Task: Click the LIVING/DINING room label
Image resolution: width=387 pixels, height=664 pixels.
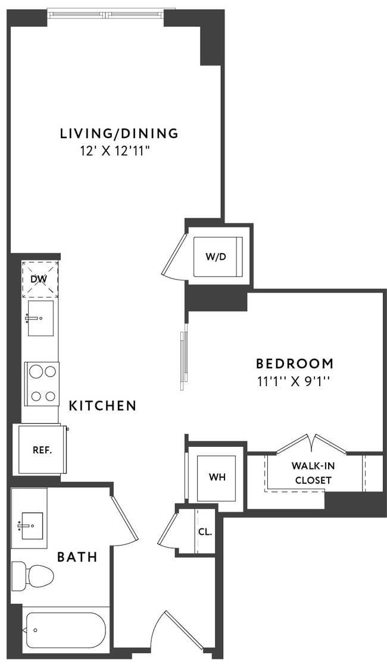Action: (119, 133)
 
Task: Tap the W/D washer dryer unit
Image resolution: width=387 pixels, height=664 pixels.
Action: (218, 256)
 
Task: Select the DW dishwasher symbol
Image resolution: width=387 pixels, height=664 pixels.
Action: (40, 279)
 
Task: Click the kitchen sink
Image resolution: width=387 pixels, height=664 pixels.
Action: (40, 318)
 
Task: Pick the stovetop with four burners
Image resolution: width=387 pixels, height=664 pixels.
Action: (42, 384)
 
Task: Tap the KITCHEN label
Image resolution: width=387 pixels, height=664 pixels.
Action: (102, 406)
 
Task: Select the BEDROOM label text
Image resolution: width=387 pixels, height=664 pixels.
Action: (294, 363)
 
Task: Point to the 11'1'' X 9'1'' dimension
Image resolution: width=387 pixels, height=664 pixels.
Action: (294, 381)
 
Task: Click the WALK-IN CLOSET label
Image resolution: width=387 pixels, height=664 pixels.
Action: (311, 472)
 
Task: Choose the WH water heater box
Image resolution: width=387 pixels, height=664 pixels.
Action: (217, 478)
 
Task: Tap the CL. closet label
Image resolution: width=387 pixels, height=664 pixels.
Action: (205, 531)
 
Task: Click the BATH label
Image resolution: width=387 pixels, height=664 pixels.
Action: (77, 557)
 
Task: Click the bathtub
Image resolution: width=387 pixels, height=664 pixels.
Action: (65, 630)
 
